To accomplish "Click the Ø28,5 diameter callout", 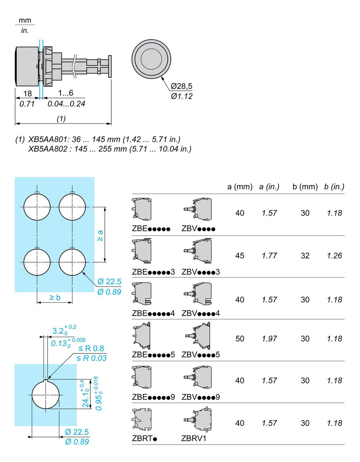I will [x=182, y=86].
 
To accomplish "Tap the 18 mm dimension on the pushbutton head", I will [x=27, y=94].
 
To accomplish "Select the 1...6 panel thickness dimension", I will [x=66, y=94].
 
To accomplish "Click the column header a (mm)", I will [x=240, y=187].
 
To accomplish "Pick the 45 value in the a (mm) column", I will [x=240, y=256].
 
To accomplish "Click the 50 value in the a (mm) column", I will [x=240, y=339].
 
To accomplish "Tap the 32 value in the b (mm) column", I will [x=305, y=256].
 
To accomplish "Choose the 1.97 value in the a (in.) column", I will [x=269, y=339].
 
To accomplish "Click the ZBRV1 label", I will [x=194, y=438].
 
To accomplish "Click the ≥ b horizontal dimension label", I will [x=55, y=298].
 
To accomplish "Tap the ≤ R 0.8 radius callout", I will [x=91, y=348].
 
